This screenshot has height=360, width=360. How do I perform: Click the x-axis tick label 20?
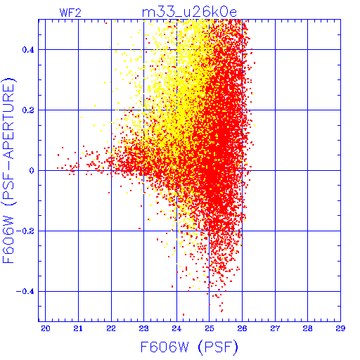[x=46, y=328]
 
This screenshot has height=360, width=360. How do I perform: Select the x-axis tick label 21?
[x=78, y=328]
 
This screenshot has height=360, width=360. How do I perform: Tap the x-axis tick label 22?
[x=111, y=328]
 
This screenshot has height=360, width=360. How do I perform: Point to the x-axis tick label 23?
[x=143, y=328]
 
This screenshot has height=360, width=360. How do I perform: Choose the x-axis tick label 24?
[x=176, y=328]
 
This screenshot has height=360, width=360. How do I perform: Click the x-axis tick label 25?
[x=210, y=328]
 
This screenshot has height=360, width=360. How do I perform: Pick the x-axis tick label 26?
[x=242, y=328]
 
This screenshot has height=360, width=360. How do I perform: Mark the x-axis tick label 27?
[x=275, y=328]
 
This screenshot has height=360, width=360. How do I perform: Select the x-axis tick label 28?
[x=307, y=328]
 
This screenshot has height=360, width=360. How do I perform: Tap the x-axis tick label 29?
[x=340, y=328]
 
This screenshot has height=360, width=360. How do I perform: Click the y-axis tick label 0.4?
[x=28, y=50]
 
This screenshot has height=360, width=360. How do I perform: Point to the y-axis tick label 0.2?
[x=28, y=110]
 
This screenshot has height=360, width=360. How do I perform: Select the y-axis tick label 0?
[x=32, y=171]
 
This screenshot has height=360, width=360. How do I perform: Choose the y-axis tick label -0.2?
[x=25, y=231]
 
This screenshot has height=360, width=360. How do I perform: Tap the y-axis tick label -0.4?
[x=25, y=292]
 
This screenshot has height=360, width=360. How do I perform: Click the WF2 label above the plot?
[x=70, y=13]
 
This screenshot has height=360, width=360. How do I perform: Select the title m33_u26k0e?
[x=189, y=13]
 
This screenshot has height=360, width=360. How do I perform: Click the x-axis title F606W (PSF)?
[x=189, y=347]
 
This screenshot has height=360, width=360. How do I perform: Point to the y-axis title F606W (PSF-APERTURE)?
[x=9, y=170]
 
